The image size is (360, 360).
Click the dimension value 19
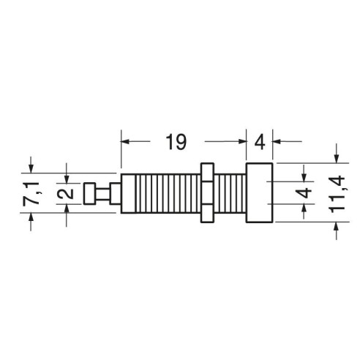point(176,142)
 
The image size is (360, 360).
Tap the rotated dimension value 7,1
point(31,193)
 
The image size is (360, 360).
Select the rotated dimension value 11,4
point(337,194)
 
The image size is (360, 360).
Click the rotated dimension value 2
point(66,193)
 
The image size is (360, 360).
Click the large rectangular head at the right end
point(259,192)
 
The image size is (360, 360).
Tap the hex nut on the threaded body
point(207,192)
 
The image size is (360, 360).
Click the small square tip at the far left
point(89,193)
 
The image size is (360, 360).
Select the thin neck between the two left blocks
point(102,193)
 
